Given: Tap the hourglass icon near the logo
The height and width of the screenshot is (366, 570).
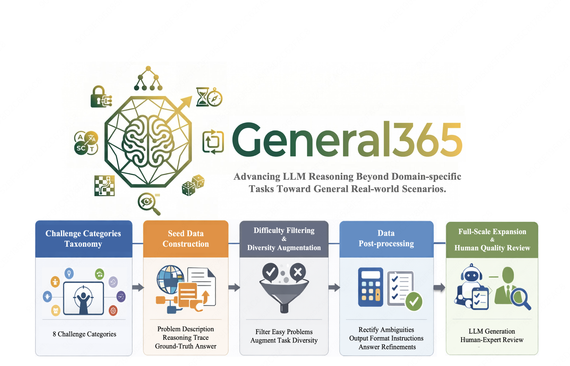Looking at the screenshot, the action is click(x=203, y=97).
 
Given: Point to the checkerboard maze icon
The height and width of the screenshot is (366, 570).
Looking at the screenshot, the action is click(x=104, y=186).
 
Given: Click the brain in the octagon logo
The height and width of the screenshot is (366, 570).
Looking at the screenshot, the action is click(x=148, y=141).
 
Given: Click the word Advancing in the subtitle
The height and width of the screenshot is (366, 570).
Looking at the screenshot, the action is click(x=257, y=176).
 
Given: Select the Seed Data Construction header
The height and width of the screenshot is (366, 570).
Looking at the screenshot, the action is click(x=186, y=239).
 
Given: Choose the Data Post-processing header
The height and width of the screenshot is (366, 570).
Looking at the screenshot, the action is click(x=386, y=239).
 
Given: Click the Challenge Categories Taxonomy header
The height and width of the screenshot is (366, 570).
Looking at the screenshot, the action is click(x=84, y=239).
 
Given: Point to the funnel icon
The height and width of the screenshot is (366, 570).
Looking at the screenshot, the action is click(x=284, y=296).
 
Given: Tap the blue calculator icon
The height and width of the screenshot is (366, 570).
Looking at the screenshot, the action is click(x=370, y=287).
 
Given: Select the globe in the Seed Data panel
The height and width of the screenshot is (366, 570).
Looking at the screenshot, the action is click(x=170, y=279).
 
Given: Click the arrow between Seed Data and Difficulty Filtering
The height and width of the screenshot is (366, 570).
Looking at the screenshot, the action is click(x=234, y=287).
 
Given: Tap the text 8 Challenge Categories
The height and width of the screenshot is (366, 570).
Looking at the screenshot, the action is click(x=84, y=334).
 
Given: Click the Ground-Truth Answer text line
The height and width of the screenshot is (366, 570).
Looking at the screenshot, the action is click(x=186, y=346).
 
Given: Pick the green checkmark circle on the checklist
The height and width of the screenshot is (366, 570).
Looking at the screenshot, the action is click(x=414, y=301).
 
